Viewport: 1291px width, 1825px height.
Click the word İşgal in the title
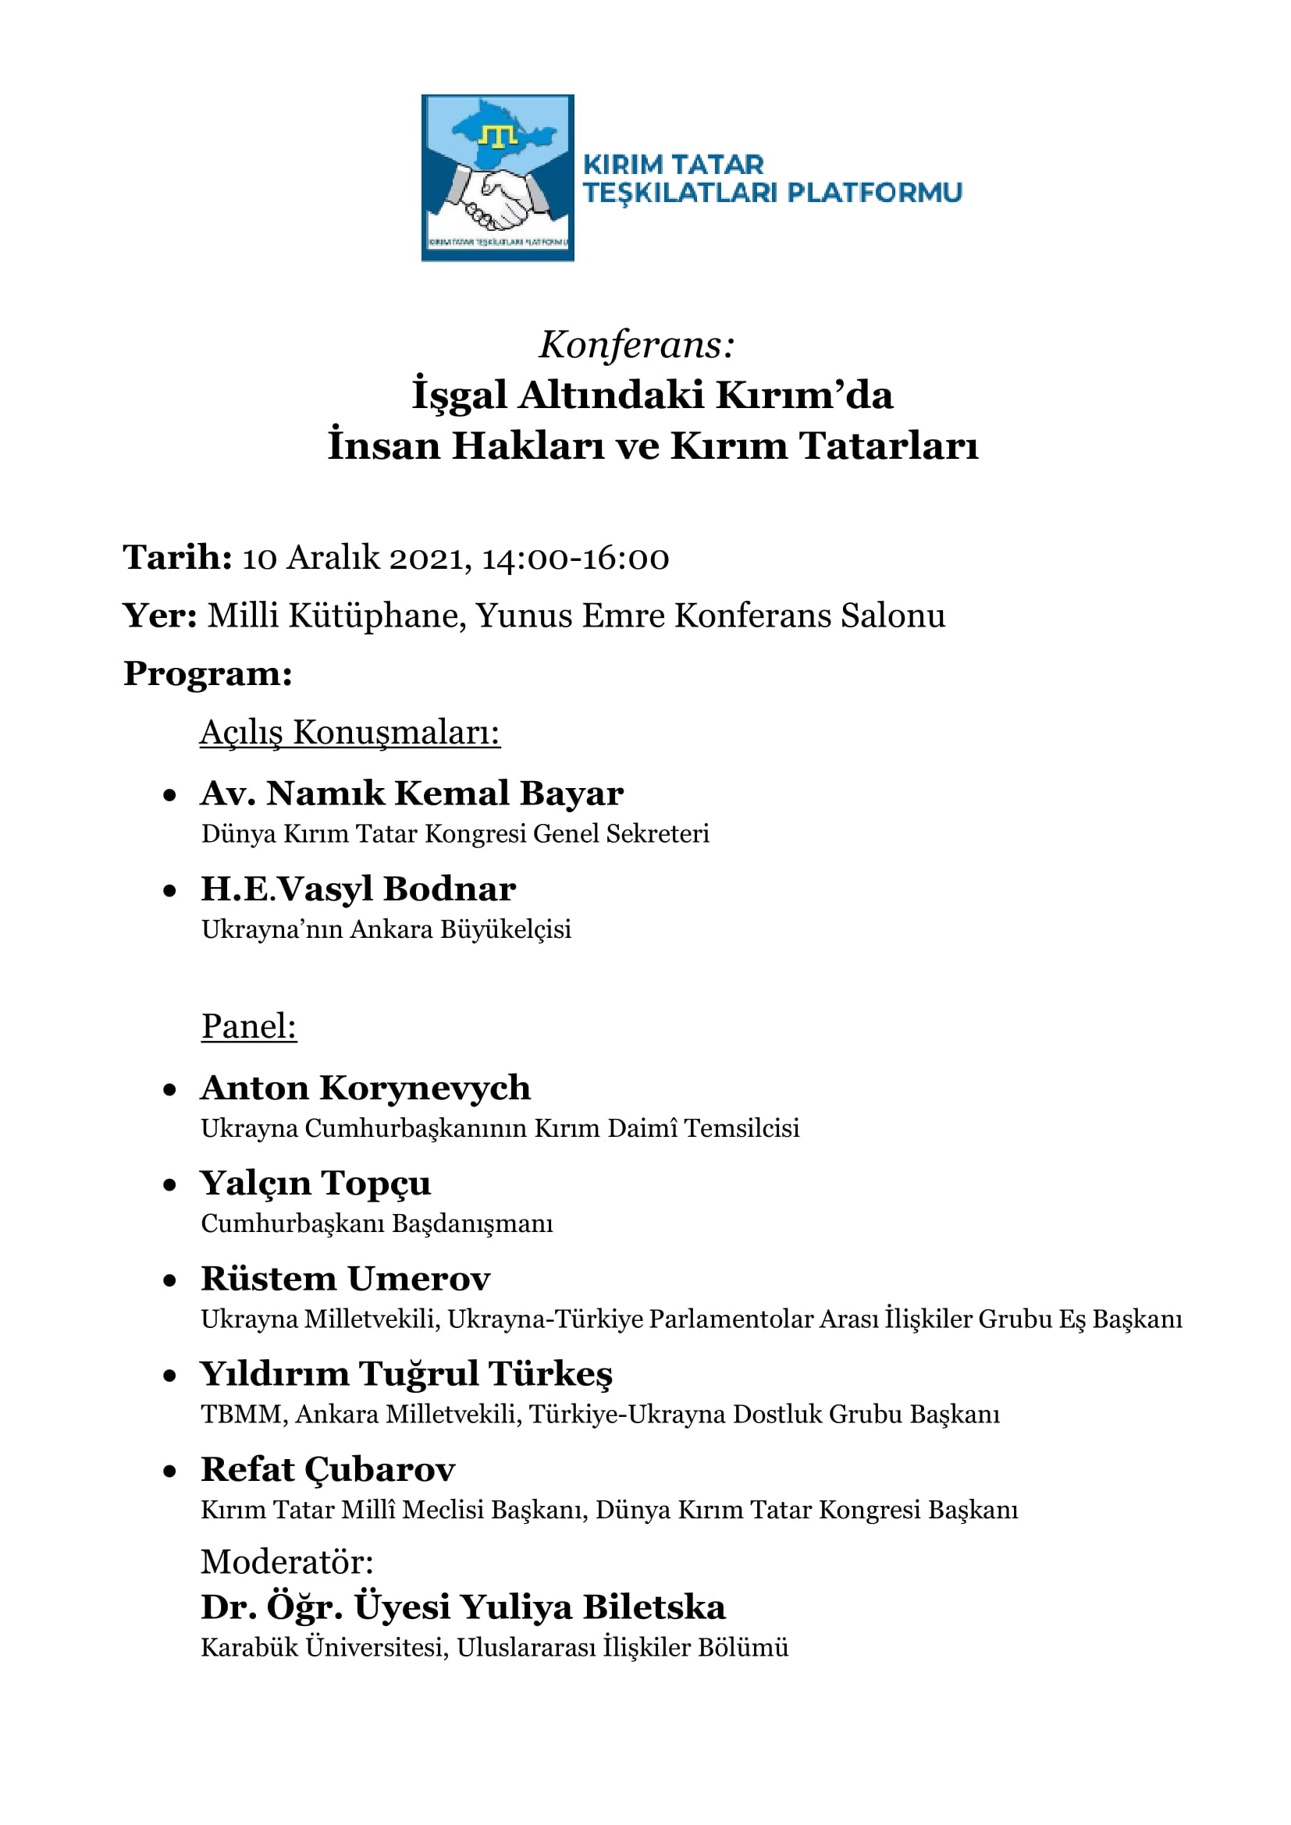pos(459,395)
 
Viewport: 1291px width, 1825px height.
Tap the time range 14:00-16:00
pos(575,558)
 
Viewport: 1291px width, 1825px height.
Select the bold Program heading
pos(208,673)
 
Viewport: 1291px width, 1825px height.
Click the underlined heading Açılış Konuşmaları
pos(350,732)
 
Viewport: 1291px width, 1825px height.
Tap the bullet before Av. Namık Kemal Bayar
pos(169,795)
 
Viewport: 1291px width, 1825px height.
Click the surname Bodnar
pos(449,889)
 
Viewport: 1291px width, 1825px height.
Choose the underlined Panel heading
pos(249,1026)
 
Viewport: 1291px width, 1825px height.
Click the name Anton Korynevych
pos(365,1088)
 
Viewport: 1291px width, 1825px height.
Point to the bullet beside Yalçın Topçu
pos(169,1185)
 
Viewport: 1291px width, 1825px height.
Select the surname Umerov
pos(418,1278)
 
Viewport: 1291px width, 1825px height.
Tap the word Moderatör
pos(287,1562)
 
